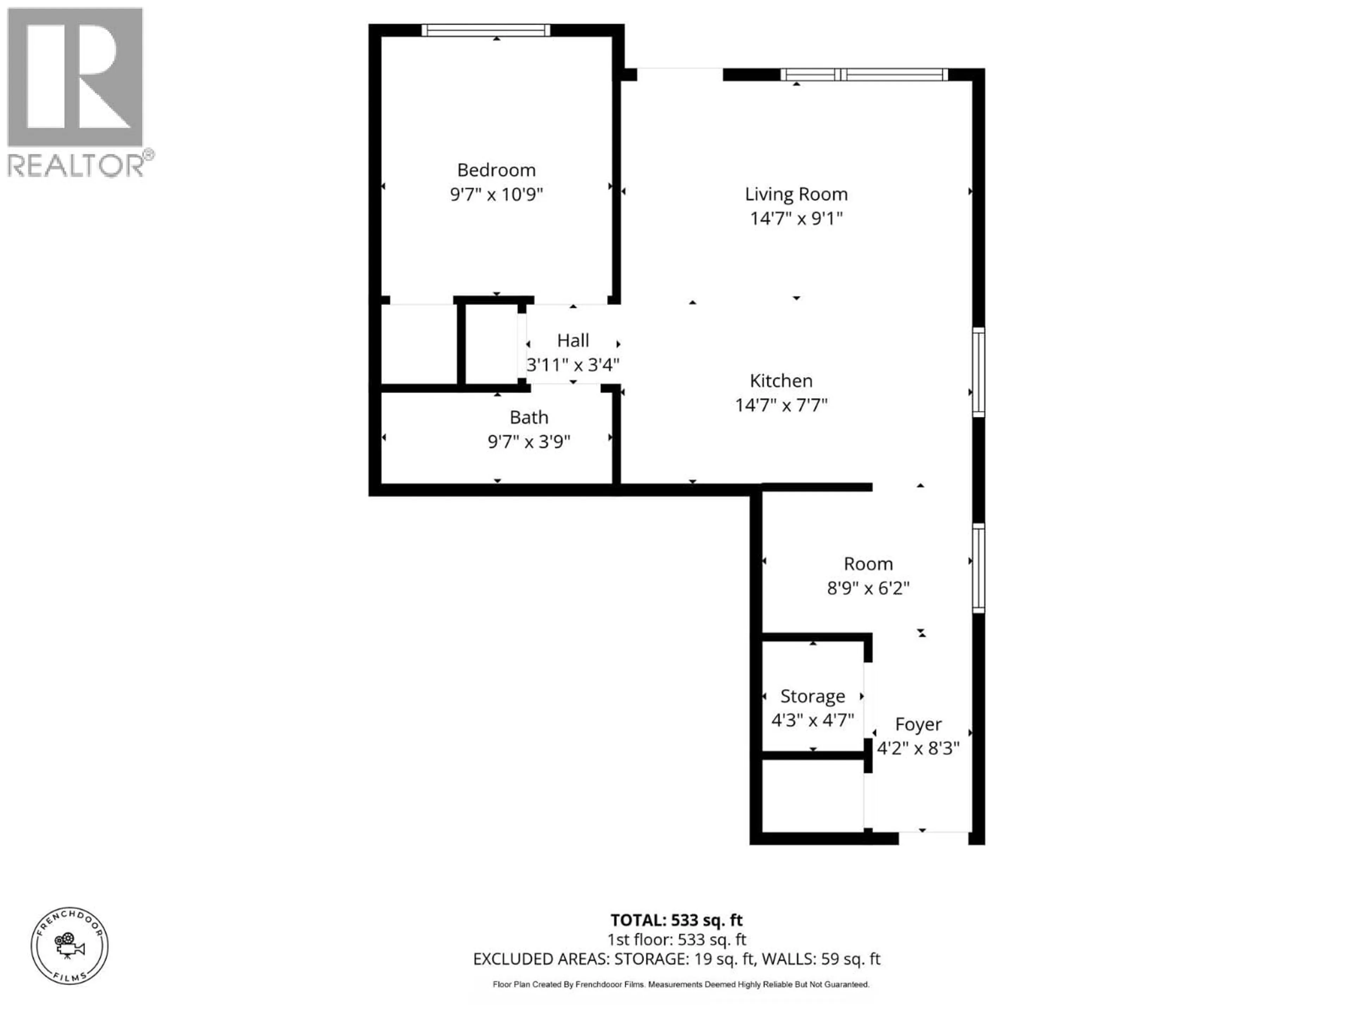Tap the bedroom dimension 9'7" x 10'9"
point(496,195)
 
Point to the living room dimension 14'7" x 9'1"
point(796,219)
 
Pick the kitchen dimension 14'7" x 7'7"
point(781,405)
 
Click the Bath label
point(529,417)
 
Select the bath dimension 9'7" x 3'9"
point(529,442)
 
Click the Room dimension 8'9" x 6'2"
point(868,588)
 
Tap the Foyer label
point(918,724)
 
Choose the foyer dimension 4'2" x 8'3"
point(918,748)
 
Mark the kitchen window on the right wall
point(978,372)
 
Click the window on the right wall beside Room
point(978,568)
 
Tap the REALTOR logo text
point(76,165)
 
